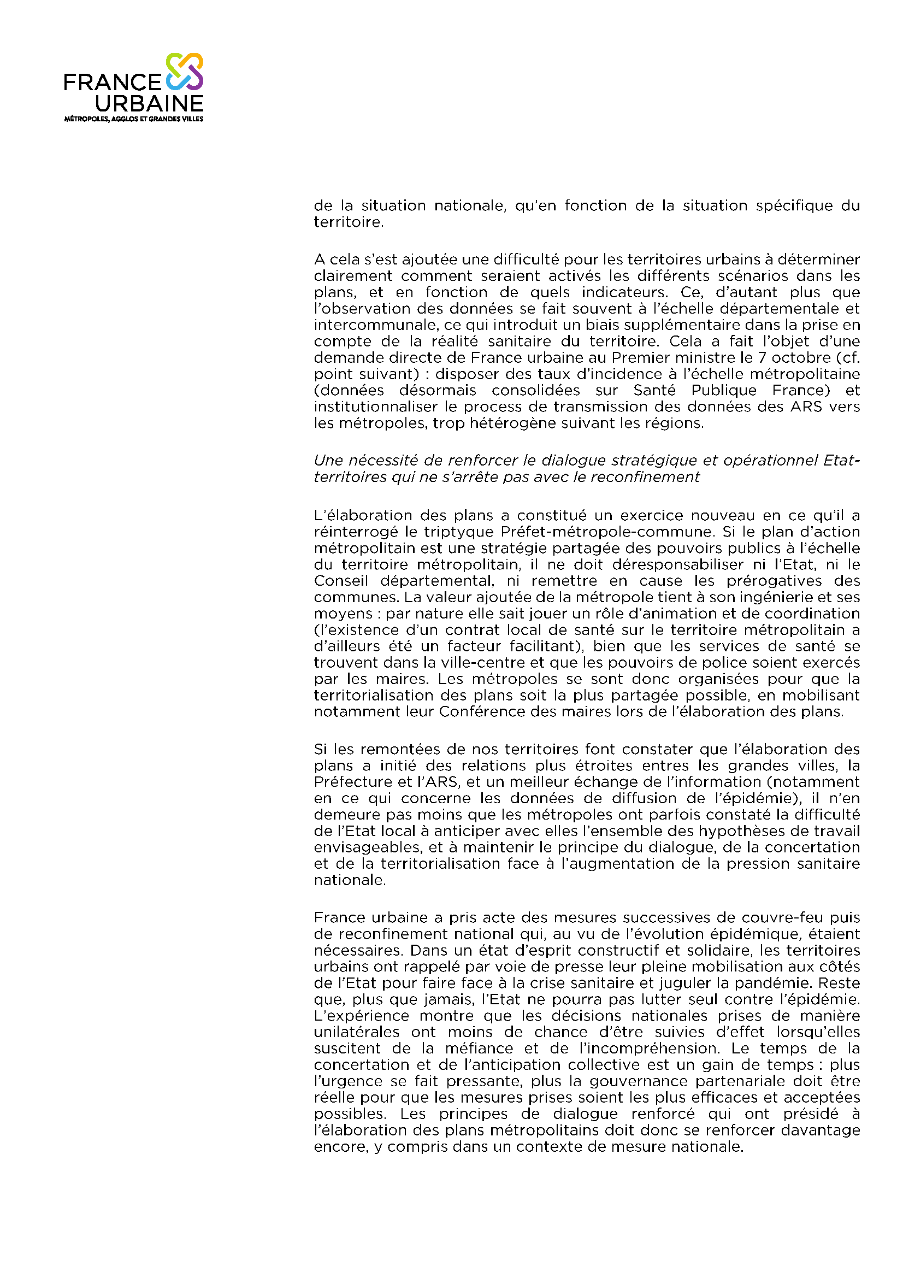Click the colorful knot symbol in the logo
[x=185, y=72]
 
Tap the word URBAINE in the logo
[x=149, y=103]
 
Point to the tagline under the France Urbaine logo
[x=133, y=119]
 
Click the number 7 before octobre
[x=762, y=357]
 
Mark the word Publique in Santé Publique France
[x=724, y=390]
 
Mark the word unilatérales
[x=357, y=1032]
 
